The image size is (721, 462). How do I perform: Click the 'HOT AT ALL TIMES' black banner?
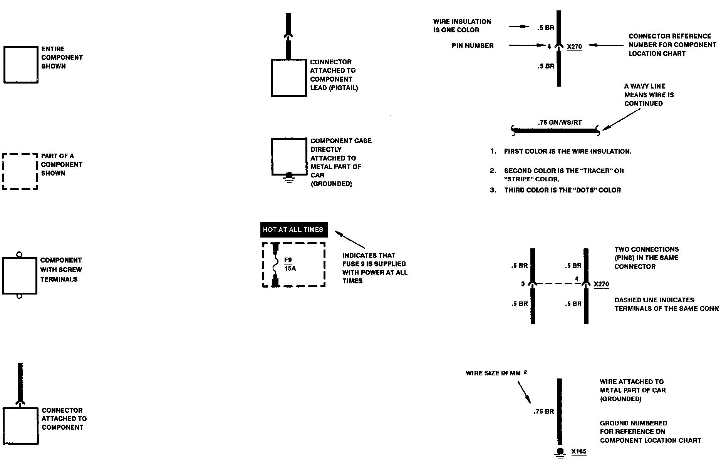[x=293, y=229]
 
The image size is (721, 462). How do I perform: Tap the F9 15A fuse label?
[x=290, y=264]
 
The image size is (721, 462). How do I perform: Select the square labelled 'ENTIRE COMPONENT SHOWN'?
[x=21, y=65]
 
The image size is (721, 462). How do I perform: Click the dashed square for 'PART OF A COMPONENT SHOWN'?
[x=20, y=172]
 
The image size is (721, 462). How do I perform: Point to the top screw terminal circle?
[x=19, y=254]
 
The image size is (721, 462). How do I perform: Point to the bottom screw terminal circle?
[x=19, y=296]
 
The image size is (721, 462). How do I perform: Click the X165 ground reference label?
[x=578, y=451]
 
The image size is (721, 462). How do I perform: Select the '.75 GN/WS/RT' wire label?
[x=560, y=122]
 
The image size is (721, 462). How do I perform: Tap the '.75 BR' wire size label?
[x=543, y=412]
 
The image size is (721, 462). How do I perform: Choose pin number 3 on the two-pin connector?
[x=523, y=284]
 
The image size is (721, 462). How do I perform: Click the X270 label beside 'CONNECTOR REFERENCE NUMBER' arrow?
[x=574, y=47]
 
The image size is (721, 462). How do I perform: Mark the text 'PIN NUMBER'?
[x=473, y=46]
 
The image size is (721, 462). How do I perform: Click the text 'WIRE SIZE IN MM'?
[x=493, y=373]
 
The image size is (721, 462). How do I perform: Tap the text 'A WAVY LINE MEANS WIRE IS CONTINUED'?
[x=649, y=95]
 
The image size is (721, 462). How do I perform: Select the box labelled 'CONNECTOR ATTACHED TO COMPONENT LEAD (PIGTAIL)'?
[x=289, y=77]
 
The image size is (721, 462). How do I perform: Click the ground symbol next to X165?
[x=560, y=452]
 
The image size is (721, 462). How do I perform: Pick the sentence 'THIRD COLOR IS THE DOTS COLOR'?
[x=562, y=190]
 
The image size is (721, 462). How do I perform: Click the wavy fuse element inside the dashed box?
[x=275, y=264]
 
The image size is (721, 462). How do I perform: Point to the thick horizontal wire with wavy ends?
[x=555, y=131]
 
